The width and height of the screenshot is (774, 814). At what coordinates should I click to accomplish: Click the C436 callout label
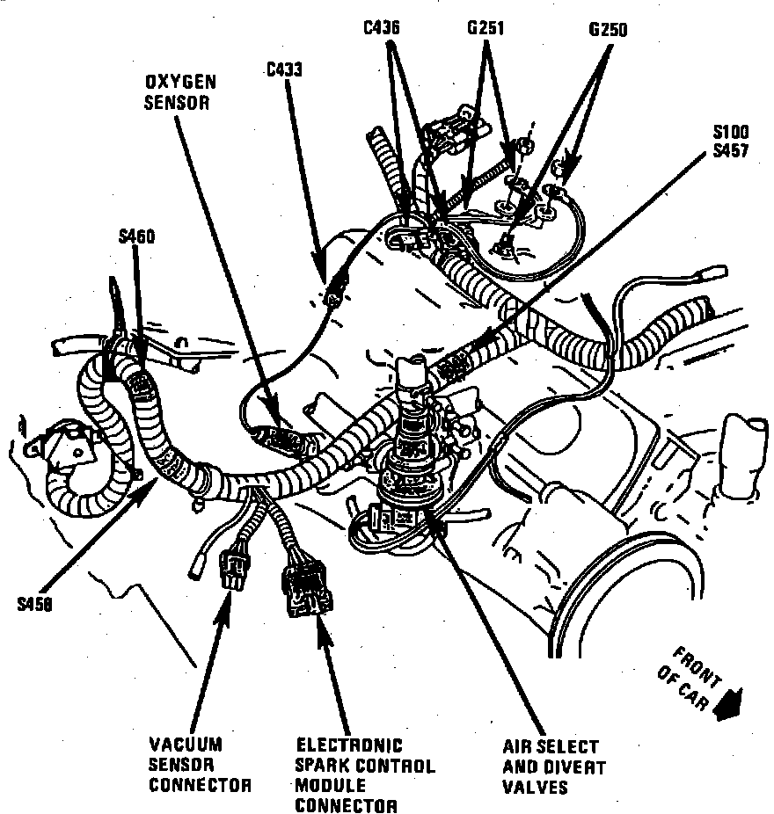pos(382,28)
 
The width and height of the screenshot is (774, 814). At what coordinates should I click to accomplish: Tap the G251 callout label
pos(486,28)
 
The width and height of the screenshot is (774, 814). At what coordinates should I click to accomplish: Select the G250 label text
pos(608,30)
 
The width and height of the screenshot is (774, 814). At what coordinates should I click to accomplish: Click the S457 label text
pos(731,150)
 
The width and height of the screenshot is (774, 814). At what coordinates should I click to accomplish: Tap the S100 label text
pos(731,133)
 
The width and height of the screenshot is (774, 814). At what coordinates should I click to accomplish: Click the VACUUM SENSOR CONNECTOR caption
pos(200,764)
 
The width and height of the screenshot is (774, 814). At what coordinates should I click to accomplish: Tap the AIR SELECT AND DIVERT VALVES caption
pos(550,767)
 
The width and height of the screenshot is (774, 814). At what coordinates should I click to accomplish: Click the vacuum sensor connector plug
pos(236,567)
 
